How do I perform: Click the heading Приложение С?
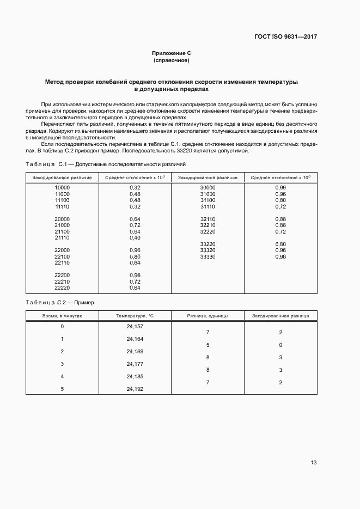[x=171, y=53]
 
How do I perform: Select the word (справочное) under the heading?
[x=171, y=60]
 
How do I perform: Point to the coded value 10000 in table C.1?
[x=62, y=188]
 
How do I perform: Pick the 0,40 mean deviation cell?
[x=135, y=238]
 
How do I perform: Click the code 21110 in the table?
[x=62, y=238]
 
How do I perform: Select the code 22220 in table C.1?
[x=62, y=288]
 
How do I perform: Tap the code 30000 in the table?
[x=208, y=188]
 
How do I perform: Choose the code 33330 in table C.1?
[x=208, y=256]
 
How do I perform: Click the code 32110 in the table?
[x=208, y=219]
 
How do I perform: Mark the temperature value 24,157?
[x=135, y=326]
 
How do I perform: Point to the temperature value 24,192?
[x=135, y=389]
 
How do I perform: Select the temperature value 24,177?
[x=135, y=364]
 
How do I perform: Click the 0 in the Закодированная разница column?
[x=280, y=345]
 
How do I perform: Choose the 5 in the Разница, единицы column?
[x=208, y=345]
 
